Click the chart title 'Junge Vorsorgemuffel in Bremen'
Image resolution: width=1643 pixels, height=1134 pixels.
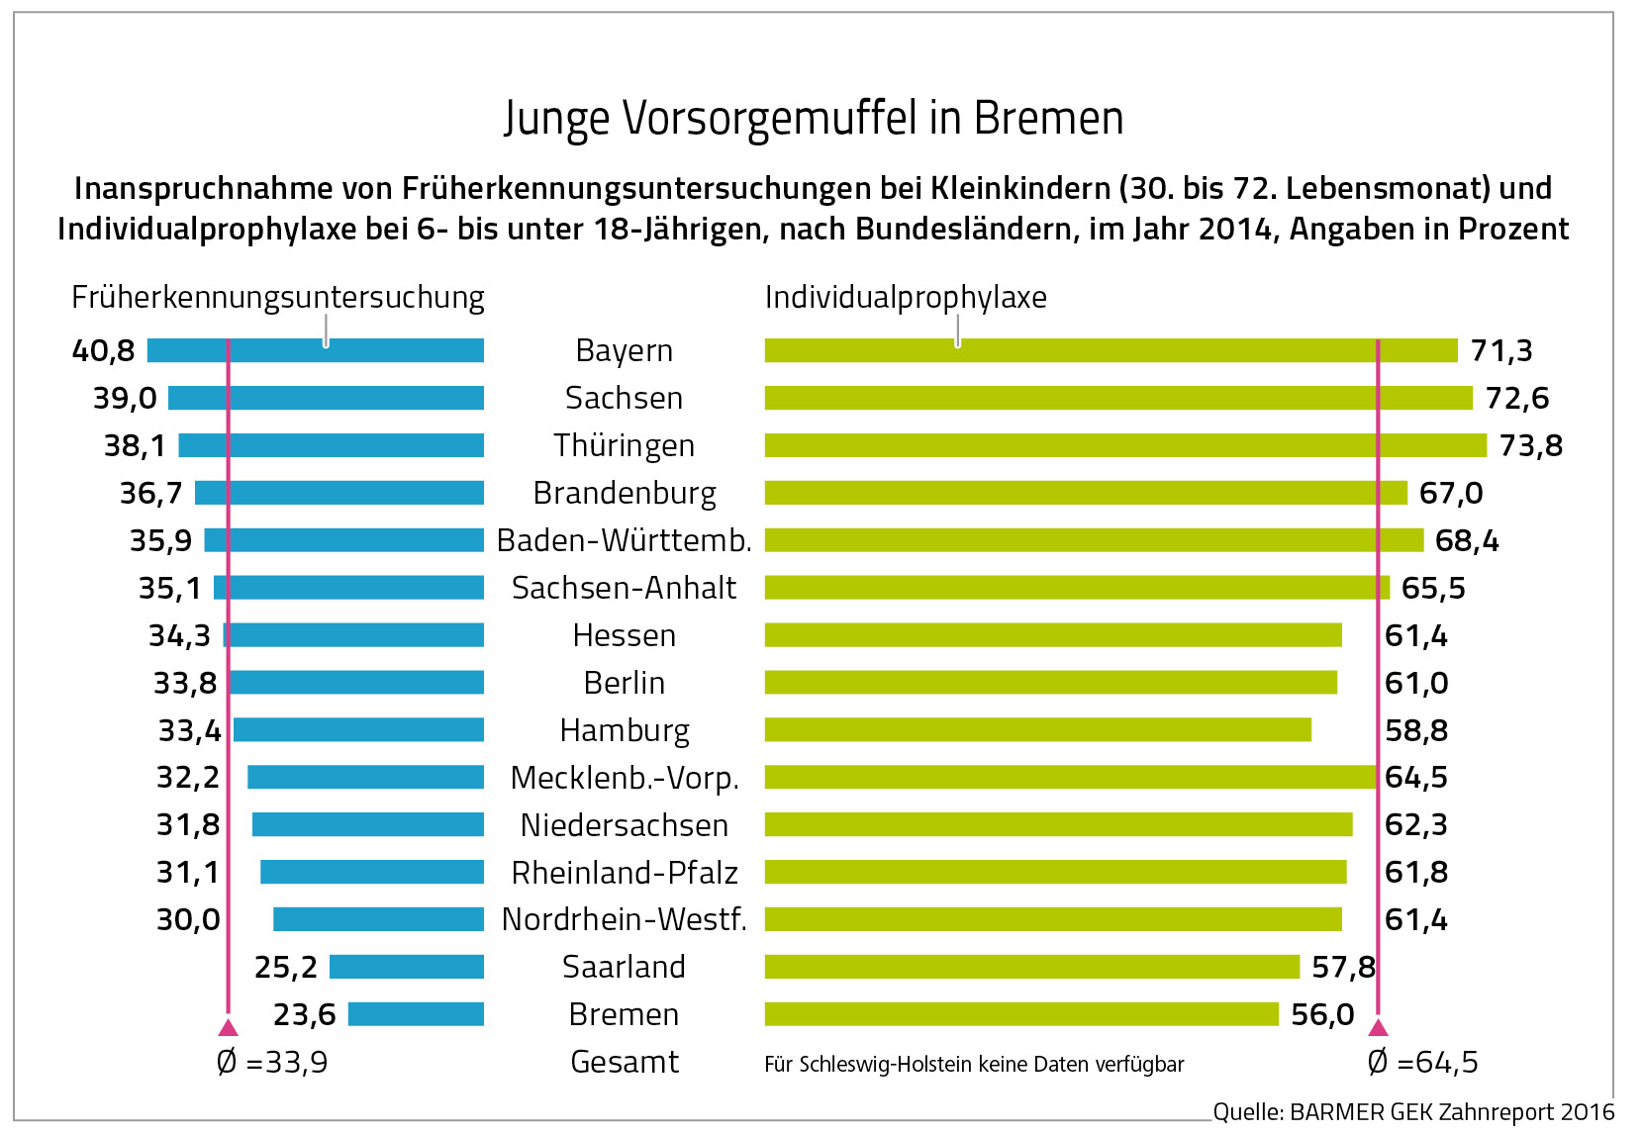(x=814, y=119)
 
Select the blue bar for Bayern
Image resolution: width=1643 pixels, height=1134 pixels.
(x=315, y=350)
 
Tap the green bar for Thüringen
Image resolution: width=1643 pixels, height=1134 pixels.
(x=1124, y=445)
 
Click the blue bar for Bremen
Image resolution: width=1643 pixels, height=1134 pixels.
(x=416, y=1014)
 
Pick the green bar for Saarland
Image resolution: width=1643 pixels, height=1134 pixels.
(x=1031, y=967)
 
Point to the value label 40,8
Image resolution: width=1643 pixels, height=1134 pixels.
(x=103, y=350)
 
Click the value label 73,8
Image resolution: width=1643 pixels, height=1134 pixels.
(x=1530, y=445)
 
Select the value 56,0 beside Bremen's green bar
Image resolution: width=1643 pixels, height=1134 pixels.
(x=1322, y=1014)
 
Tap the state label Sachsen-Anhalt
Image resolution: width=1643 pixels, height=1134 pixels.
(x=624, y=588)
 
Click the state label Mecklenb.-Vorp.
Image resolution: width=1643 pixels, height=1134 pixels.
(x=625, y=778)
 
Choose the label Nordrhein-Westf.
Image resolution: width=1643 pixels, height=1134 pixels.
(x=625, y=919)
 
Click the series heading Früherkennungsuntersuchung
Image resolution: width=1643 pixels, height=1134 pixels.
(x=277, y=297)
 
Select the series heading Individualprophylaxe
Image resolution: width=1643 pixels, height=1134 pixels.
(x=906, y=297)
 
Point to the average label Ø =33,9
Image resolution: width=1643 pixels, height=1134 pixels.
(x=272, y=1062)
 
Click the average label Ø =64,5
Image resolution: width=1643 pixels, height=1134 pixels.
(x=1422, y=1062)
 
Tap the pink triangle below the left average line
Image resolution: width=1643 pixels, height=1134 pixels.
(x=229, y=1027)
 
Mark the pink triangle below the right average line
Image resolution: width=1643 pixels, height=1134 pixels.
(x=1378, y=1027)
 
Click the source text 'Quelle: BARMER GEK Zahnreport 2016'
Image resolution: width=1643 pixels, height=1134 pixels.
(x=1413, y=1112)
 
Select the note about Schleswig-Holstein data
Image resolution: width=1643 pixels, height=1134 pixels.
(x=974, y=1064)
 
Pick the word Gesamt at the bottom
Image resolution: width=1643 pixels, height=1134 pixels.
(x=625, y=1062)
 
